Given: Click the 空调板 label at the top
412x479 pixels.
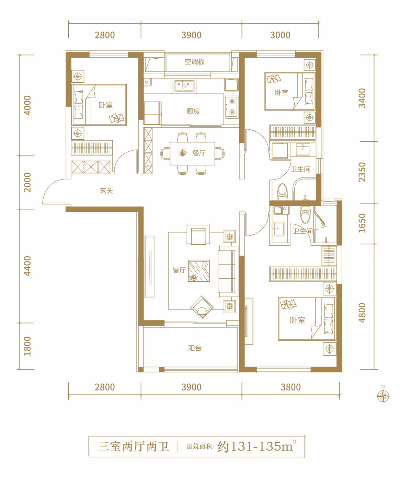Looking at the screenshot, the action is pos(195,62).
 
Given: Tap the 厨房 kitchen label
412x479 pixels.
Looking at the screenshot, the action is pos(193,111).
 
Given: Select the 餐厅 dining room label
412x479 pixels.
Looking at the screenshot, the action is pos(199,153).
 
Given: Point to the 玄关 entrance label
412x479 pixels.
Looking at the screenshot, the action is pos(106,190).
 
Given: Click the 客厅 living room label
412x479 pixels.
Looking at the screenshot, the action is pos(179,270).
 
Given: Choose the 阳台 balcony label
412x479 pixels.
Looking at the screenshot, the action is pos(195,348).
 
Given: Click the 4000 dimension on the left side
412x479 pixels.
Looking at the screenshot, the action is pos(27,105).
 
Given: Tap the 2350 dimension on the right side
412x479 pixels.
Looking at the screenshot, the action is pos(362,172).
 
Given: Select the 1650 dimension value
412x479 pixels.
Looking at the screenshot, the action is pos(362,223).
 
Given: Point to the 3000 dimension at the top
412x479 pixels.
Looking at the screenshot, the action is pos(280,35).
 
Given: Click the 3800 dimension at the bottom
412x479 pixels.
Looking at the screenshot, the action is pos(290,387).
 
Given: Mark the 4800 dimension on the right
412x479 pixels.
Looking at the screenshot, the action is pos(362,313).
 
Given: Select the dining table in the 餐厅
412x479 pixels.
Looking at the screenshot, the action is pos(192,154).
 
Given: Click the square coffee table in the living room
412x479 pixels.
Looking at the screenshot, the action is pos(199,271).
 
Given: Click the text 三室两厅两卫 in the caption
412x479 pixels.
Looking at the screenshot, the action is pos(133,446).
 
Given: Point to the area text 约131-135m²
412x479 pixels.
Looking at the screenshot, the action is pos(257,446).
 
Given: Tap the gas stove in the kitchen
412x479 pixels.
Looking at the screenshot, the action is pos(232,107).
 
